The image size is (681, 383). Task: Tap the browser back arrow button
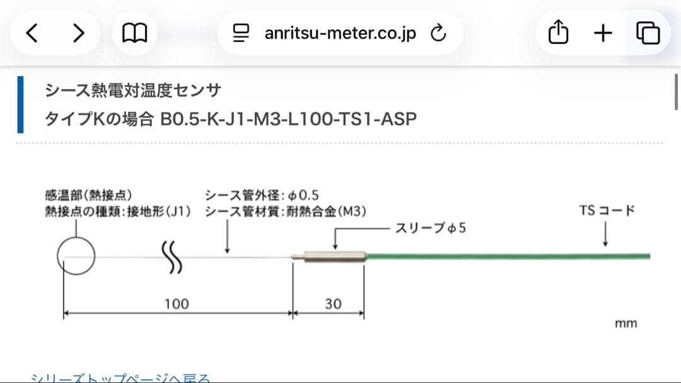32,33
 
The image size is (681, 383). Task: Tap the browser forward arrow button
78,33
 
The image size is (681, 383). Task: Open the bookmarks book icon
134,33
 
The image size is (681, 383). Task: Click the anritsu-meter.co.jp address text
340,33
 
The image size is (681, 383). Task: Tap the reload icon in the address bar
438,33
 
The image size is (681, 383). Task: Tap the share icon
558,33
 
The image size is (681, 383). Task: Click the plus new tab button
603,33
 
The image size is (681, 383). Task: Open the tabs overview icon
648,33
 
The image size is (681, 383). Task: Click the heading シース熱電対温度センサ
133,91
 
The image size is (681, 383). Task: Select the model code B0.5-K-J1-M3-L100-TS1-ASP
288,118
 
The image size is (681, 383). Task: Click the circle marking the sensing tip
76,256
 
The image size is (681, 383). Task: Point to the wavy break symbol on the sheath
173,258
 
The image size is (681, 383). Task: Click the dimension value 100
176,304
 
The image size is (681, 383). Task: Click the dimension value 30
333,304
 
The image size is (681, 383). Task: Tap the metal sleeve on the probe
334,256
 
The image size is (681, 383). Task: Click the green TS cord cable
504,256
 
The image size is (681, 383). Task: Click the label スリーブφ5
431,228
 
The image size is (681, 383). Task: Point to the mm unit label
626,323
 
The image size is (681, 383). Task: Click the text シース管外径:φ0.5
261,195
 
